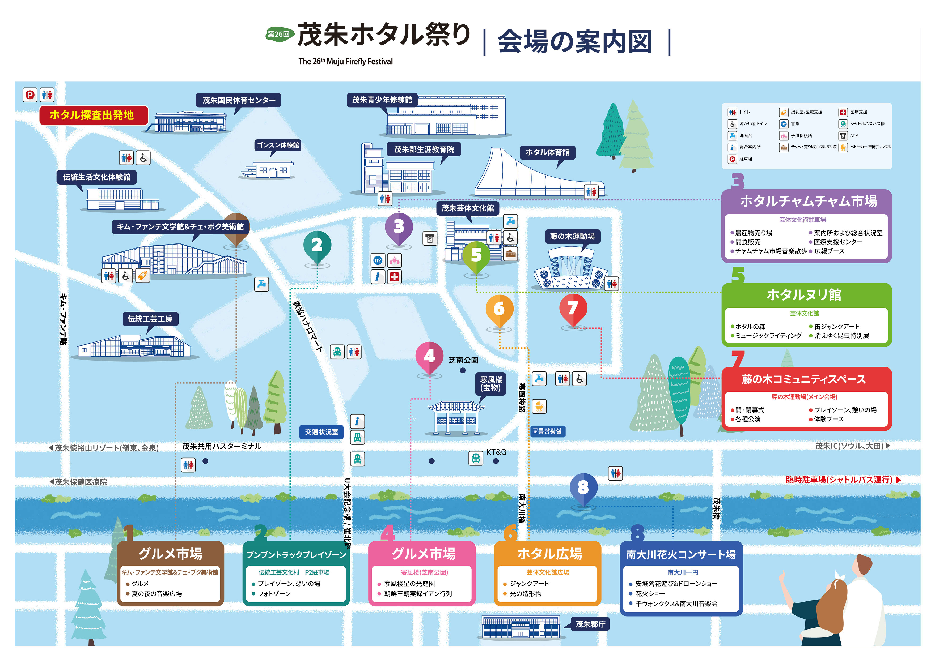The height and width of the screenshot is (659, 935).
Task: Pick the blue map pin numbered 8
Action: pos(583,487)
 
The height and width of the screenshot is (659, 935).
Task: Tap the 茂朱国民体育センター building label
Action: pos(239,100)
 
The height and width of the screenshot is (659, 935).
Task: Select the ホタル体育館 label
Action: pos(547,152)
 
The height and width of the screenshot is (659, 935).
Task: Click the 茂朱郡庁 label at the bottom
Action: pos(590,624)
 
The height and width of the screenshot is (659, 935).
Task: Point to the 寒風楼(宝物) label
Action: pos(491,383)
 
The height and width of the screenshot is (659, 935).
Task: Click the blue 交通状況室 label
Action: pos(321,432)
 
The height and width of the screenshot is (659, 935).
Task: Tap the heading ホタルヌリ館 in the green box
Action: pos(803,295)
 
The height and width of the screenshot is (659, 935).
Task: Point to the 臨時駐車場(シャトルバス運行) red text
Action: pos(839,480)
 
